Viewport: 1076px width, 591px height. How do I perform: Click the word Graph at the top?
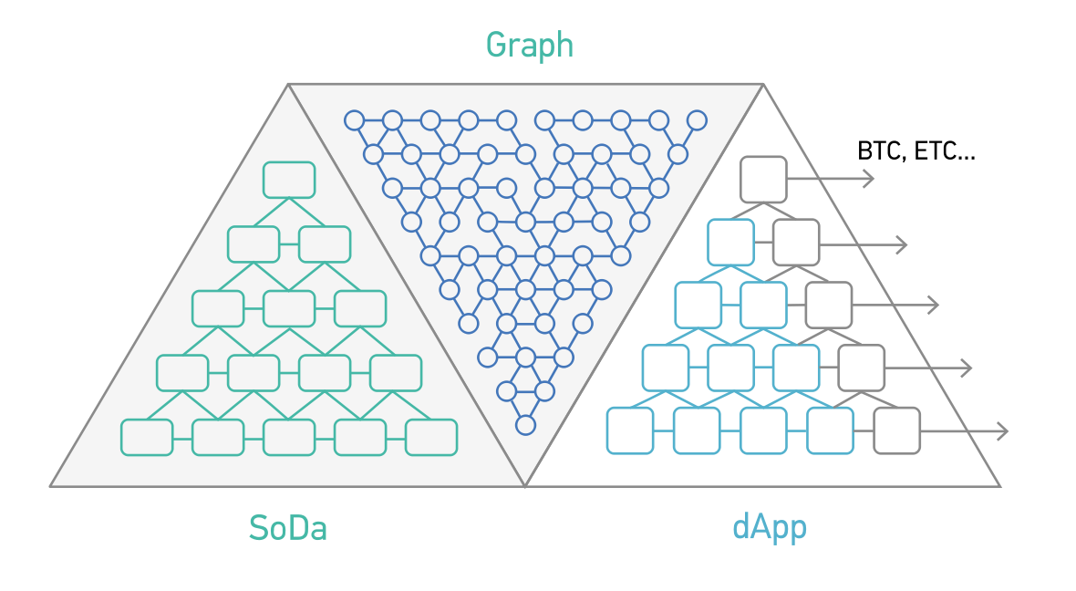point(529,45)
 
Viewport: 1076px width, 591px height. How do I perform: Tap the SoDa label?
point(288,528)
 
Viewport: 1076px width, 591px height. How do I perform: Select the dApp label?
point(770,528)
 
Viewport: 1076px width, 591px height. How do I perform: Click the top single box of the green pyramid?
point(289,180)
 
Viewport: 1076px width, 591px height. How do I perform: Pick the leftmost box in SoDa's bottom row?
point(147,437)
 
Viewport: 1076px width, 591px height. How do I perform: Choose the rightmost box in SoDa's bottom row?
point(431,437)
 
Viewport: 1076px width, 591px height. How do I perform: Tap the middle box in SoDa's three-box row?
point(289,308)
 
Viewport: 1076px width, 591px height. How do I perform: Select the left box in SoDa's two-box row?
point(253,244)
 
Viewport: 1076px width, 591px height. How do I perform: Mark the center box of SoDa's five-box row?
point(289,437)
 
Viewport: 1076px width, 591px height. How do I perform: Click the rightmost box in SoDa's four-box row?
point(396,372)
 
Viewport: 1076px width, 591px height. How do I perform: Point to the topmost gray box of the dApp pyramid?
point(763,180)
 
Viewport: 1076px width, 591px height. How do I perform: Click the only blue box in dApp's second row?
point(730,243)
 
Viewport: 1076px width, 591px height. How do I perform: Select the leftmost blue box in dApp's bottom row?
point(630,430)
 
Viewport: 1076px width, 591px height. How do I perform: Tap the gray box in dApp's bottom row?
point(897,430)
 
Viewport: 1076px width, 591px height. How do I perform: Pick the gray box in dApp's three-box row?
point(829,306)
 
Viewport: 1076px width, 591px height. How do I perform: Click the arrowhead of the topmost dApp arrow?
point(870,180)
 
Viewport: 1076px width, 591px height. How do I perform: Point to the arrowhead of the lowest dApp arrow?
point(1004,430)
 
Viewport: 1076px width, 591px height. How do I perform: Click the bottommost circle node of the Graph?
point(525,424)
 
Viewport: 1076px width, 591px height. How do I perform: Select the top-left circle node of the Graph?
point(355,119)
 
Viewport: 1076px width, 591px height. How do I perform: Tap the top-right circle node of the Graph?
point(697,119)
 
